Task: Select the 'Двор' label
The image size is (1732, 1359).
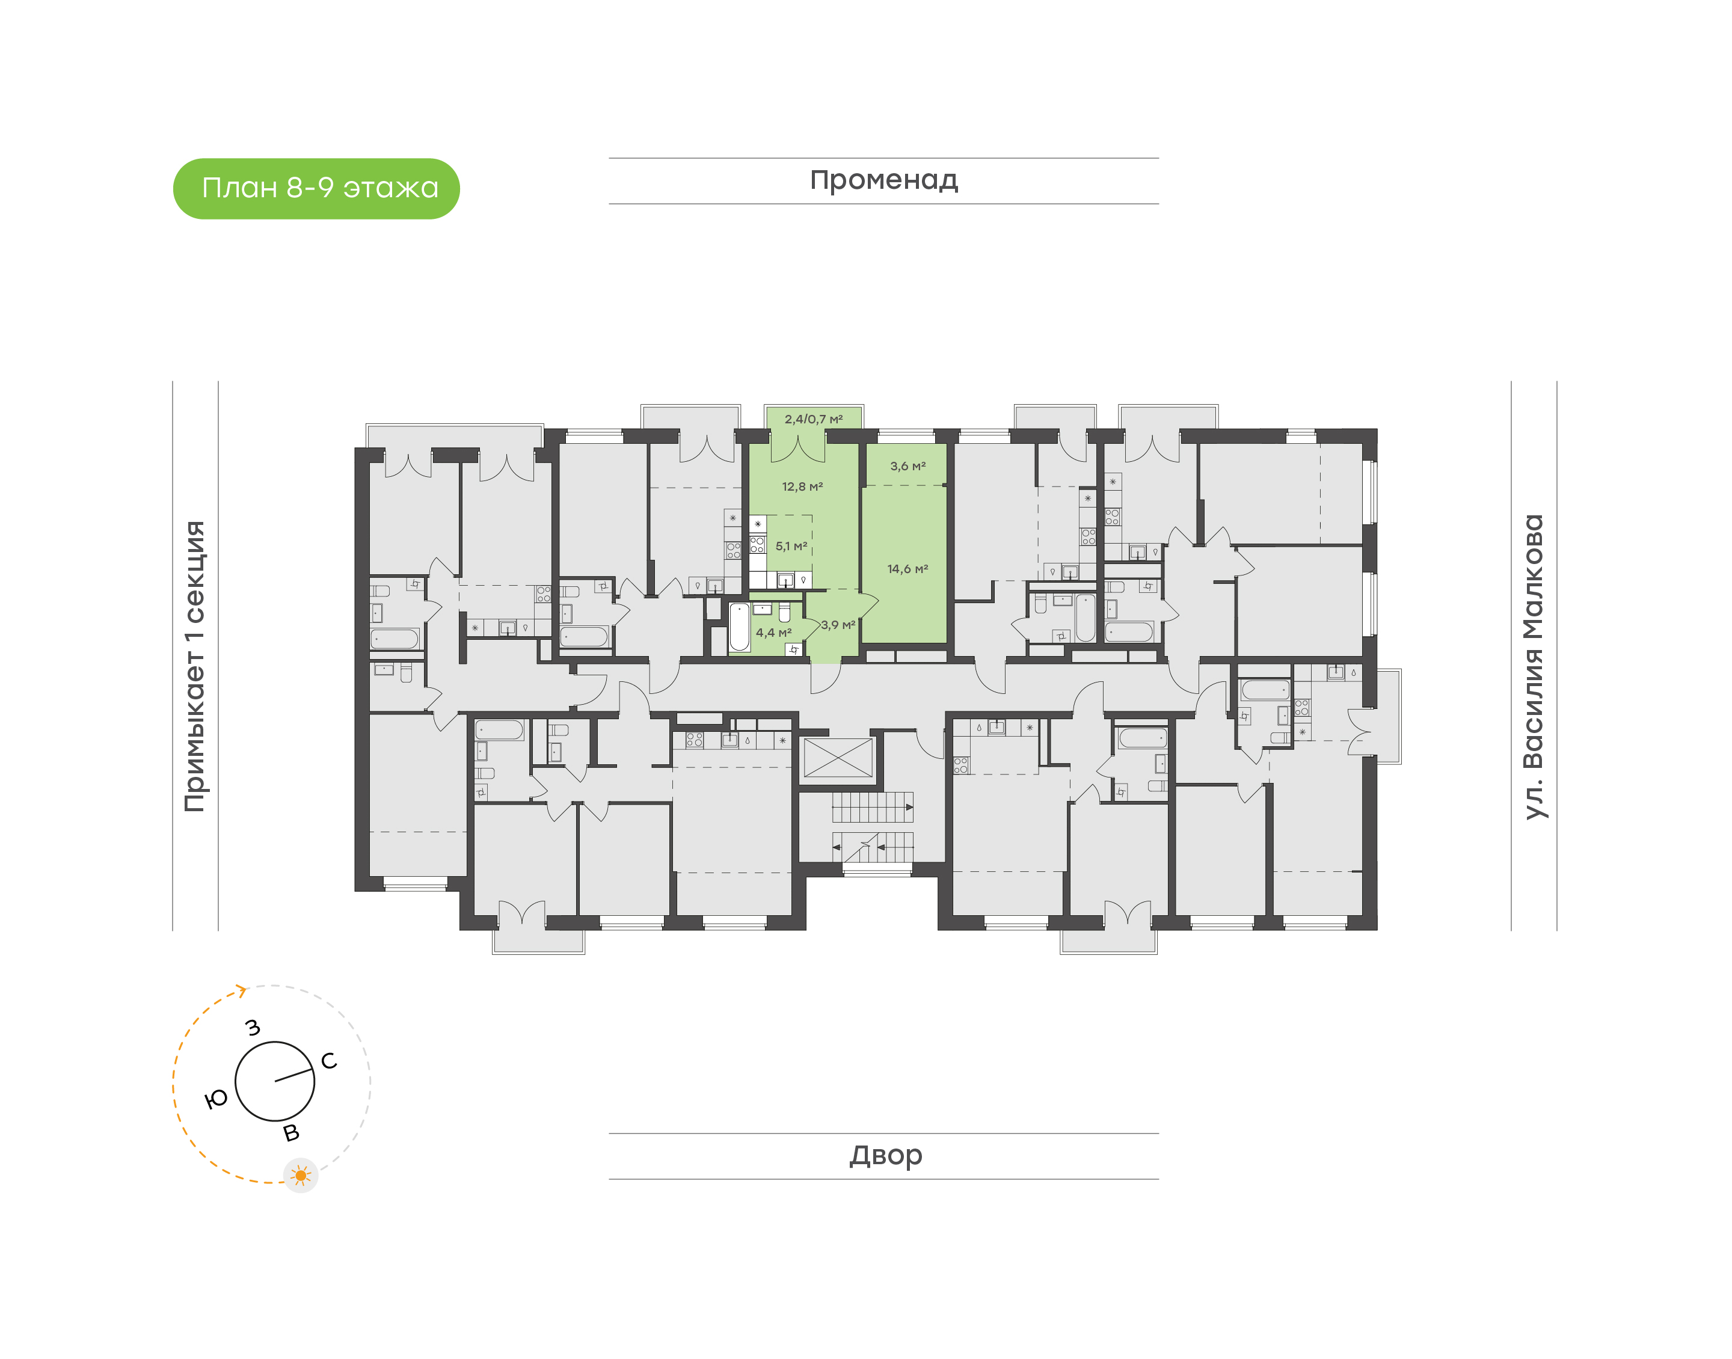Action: coord(885,1155)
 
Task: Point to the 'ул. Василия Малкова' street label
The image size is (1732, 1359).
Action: coord(1532,666)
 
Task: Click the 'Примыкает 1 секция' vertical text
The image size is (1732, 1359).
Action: coord(195,666)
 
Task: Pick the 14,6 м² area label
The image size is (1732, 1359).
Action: coord(907,569)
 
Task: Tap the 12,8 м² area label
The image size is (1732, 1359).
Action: coord(802,486)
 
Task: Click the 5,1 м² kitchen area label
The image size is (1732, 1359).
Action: coord(791,546)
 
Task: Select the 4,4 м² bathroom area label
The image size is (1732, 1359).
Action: coord(773,633)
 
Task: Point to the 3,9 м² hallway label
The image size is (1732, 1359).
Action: coord(838,625)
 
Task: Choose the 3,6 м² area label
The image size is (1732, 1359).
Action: coord(907,465)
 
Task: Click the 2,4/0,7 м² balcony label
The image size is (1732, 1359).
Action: coord(813,419)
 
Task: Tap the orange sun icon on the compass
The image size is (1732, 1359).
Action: coord(301,1175)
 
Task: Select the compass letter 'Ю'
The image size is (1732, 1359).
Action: coord(216,1100)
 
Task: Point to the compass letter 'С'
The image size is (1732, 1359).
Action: coord(328,1061)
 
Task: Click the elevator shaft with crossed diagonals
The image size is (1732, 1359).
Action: coord(838,758)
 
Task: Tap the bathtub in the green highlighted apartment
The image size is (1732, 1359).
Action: coord(740,627)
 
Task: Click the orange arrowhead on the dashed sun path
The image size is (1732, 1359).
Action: coord(241,990)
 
